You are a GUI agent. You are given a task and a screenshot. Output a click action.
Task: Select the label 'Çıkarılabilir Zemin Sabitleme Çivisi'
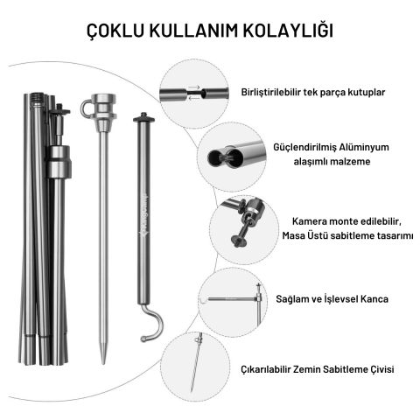(x=319, y=369)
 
